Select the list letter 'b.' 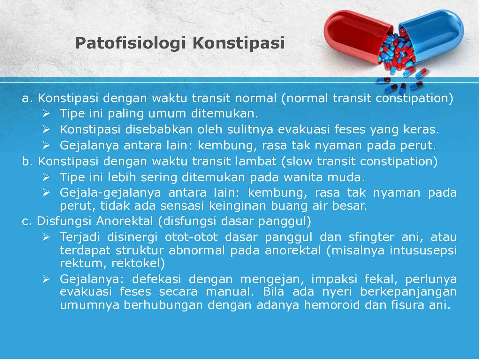click(x=28, y=161)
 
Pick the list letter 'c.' click(x=27, y=221)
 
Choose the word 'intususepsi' click(x=423, y=250)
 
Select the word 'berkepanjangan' click(x=409, y=292)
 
